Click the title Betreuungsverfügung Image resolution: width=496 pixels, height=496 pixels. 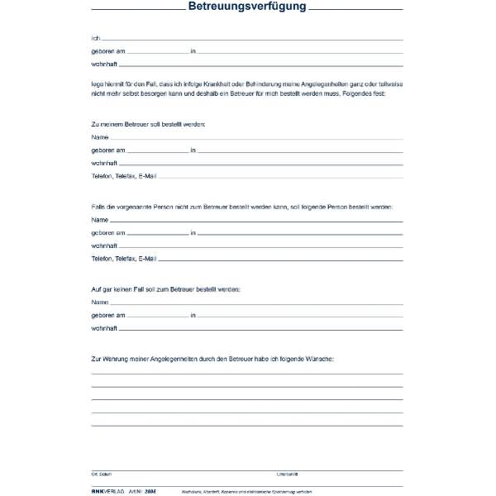(x=247, y=7)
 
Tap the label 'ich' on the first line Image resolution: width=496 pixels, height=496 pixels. (x=95, y=38)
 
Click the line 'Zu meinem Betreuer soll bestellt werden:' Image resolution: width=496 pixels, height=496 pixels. (x=148, y=123)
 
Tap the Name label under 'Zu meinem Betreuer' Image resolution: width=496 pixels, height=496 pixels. (x=99, y=136)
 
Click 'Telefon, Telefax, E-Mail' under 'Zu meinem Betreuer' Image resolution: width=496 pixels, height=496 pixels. (x=124, y=176)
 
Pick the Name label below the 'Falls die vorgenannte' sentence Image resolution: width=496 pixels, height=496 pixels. (x=99, y=220)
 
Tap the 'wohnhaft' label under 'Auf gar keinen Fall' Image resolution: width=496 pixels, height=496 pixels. (x=104, y=328)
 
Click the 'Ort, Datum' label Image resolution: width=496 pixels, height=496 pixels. (x=100, y=475)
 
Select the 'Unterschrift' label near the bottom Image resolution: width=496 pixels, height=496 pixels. (x=287, y=475)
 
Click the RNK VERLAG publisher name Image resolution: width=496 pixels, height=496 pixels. (x=107, y=490)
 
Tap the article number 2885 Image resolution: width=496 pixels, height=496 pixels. (x=149, y=490)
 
